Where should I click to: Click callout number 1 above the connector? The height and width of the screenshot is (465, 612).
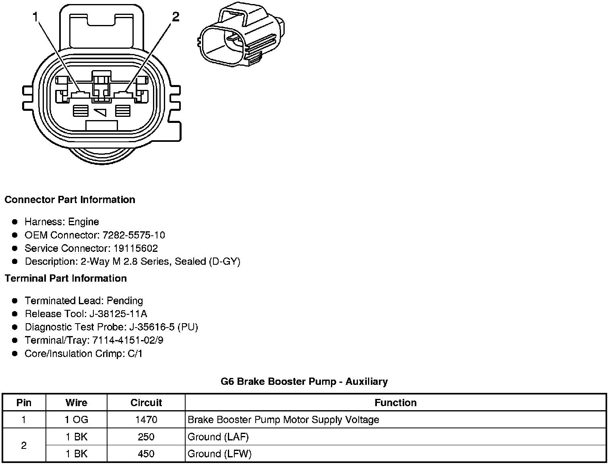(36, 17)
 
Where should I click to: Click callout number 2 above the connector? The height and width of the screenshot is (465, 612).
(176, 17)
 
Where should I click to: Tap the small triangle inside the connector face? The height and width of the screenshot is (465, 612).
(101, 112)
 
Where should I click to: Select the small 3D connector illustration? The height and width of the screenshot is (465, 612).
(242, 35)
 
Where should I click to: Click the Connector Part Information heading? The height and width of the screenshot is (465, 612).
(70, 200)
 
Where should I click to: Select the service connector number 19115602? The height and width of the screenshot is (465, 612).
(135, 249)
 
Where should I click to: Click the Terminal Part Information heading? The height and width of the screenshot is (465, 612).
(66, 278)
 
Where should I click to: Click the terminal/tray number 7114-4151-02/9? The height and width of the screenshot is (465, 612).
(128, 340)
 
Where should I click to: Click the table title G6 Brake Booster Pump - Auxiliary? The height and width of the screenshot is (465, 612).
(304, 382)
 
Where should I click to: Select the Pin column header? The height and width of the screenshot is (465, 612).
(24, 403)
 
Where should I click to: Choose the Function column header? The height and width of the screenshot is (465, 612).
(395, 403)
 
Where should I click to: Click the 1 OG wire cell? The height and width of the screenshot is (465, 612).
(76, 420)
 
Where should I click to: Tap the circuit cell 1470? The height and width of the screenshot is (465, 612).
(146, 420)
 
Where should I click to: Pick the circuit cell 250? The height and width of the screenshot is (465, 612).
(146, 437)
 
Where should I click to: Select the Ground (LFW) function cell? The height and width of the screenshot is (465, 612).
(219, 454)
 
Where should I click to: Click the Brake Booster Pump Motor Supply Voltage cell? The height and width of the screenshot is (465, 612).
(283, 420)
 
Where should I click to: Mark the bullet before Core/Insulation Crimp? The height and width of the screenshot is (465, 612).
(15, 354)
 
